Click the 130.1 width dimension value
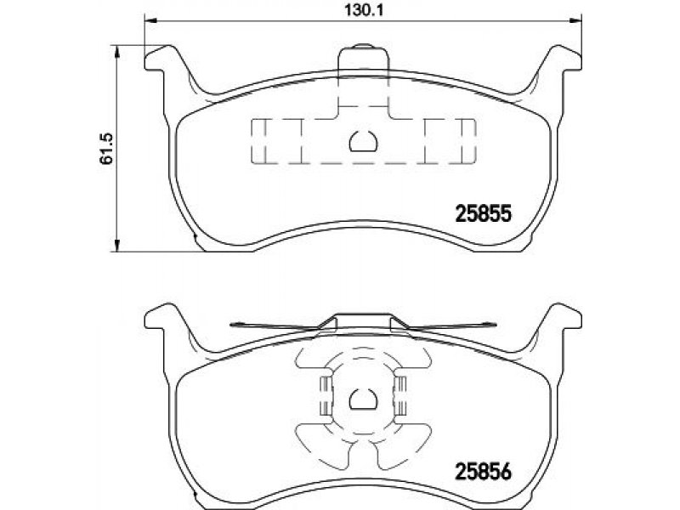[x=365, y=9]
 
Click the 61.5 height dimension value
[x=106, y=148]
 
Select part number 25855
[x=484, y=213]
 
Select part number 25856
[x=484, y=472]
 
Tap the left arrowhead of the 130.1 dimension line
[x=150, y=20]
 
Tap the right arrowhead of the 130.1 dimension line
[x=575, y=20]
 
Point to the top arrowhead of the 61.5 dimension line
[x=116, y=51]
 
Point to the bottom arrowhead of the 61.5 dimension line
[x=116, y=245]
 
